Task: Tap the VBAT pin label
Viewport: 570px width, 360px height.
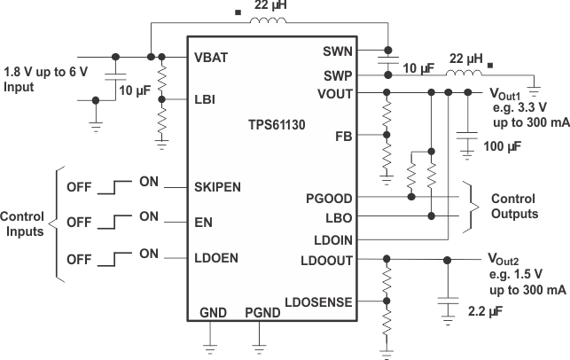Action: tap(212, 57)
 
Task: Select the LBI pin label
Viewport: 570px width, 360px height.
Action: tap(204, 99)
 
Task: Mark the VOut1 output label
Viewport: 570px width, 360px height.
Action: tap(505, 92)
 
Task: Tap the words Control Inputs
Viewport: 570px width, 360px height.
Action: tap(27, 223)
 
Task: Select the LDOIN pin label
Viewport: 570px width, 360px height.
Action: tap(333, 239)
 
